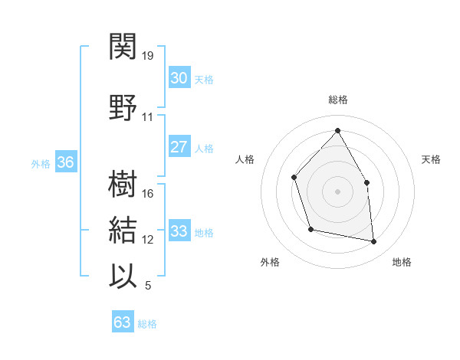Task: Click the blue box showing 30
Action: pyautogui.click(x=179, y=78)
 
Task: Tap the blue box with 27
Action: pyautogui.click(x=179, y=147)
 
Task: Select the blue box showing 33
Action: pyautogui.click(x=179, y=231)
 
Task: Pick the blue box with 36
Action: pyautogui.click(x=65, y=162)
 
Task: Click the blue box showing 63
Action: pyautogui.click(x=123, y=322)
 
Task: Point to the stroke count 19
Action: pyautogui.click(x=149, y=56)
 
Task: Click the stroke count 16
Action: pyautogui.click(x=149, y=194)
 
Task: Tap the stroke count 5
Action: pyautogui.click(x=148, y=286)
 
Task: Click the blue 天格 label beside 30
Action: pyautogui.click(x=204, y=80)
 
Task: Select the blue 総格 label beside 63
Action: pyautogui.click(x=147, y=324)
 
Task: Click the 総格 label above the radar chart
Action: pyautogui.click(x=338, y=100)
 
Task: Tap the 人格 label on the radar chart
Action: pyautogui.click(x=245, y=159)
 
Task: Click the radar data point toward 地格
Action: pyautogui.click(x=374, y=242)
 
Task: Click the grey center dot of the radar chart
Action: pyautogui.click(x=337, y=191)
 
